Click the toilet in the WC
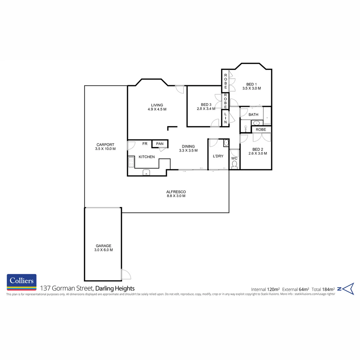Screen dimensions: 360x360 point(234,164)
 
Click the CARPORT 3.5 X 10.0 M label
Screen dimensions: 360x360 point(105,147)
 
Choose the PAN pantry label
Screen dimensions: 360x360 point(160,144)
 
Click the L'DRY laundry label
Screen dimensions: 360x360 point(218,156)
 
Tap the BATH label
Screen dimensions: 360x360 point(253,115)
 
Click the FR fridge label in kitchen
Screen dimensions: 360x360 point(145,144)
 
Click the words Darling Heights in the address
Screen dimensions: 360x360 point(115,288)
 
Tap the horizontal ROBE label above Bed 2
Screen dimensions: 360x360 point(261,129)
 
